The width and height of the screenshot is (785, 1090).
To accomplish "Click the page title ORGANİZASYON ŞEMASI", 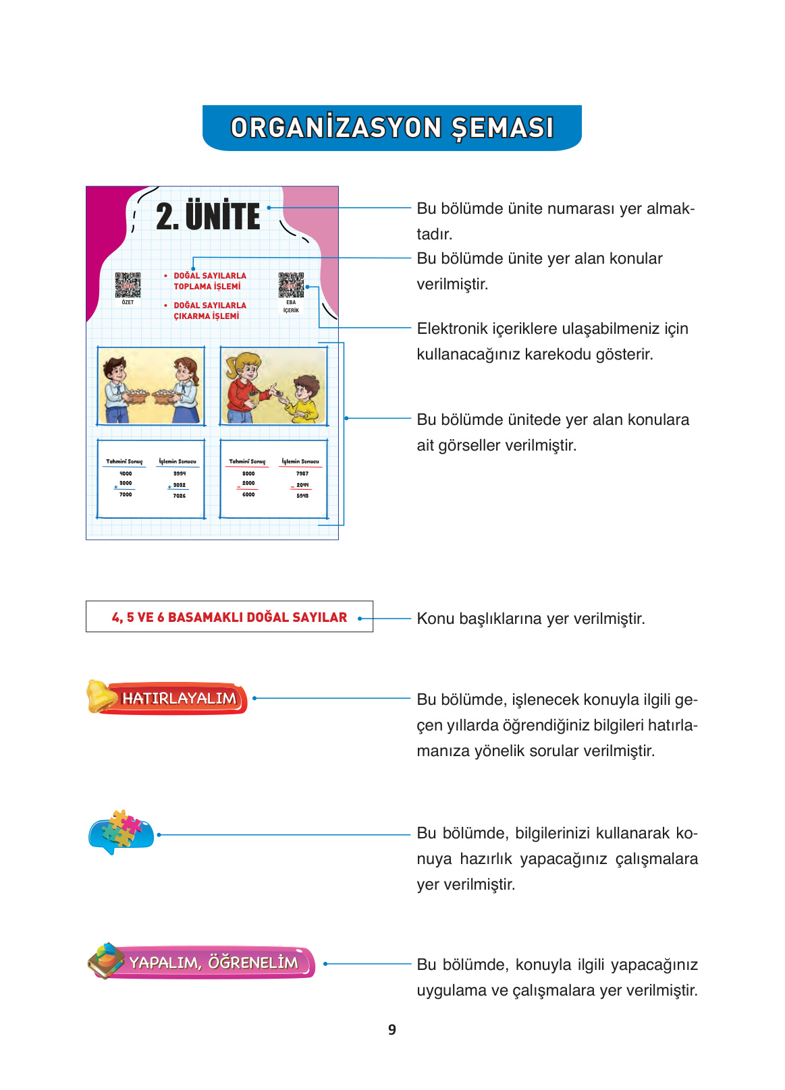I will point(391,127).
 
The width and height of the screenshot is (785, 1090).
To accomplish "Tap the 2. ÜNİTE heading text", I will point(208,217).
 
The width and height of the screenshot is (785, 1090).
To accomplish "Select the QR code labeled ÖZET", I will point(128,285).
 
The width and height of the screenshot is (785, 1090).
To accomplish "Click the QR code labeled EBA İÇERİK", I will point(291,285).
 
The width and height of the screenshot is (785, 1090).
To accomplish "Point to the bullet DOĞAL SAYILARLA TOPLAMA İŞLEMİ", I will point(209,281).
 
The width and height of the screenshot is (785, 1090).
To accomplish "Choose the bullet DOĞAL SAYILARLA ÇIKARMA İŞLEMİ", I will point(209,311).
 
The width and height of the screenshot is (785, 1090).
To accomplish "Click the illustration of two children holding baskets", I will point(151,386).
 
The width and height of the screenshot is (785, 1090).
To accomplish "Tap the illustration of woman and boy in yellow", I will point(273,386).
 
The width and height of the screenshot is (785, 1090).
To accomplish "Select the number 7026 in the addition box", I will point(179,496).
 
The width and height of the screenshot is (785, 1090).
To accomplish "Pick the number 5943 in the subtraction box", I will point(302,496).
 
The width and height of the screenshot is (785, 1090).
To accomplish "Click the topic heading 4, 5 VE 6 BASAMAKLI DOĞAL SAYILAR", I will point(229,617).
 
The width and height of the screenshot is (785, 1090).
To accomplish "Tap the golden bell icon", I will point(101,696).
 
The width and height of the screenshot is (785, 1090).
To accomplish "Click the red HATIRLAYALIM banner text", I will point(180,699).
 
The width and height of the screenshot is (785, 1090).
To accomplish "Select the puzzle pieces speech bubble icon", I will point(121,832).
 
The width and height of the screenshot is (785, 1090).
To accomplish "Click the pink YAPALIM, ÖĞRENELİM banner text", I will point(213,963).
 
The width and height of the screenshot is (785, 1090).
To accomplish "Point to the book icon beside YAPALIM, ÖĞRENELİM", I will point(105,960).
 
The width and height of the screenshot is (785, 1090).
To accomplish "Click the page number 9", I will point(392,1030).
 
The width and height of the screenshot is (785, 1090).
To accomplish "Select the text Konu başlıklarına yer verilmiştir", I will point(531,619).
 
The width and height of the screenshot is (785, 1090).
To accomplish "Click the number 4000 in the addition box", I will point(126,474).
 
